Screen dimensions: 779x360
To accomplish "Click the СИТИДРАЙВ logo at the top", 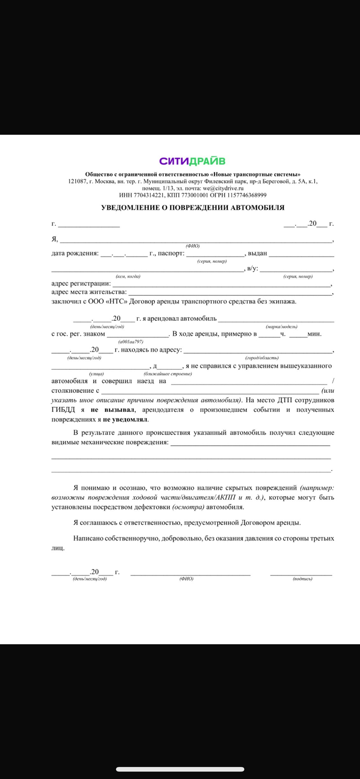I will (192, 161).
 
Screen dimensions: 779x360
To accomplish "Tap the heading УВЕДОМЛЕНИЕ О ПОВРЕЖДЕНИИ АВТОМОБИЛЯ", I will (192, 208).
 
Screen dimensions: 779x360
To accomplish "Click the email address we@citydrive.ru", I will (223, 188).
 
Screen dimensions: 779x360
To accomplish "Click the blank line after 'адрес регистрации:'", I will (221, 284).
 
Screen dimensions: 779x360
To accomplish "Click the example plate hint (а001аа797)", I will (131, 341).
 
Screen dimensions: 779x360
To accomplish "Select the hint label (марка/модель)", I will (281, 327).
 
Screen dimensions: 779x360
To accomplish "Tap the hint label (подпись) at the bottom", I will (302, 579).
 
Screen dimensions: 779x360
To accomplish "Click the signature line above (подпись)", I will (301, 573).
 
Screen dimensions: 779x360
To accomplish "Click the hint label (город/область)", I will (262, 357).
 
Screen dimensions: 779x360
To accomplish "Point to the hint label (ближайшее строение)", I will (168, 374).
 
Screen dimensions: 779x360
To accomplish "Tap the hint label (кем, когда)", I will (128, 277).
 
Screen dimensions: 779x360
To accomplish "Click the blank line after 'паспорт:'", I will (214, 255).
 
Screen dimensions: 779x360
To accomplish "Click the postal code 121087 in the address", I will (78, 181).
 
